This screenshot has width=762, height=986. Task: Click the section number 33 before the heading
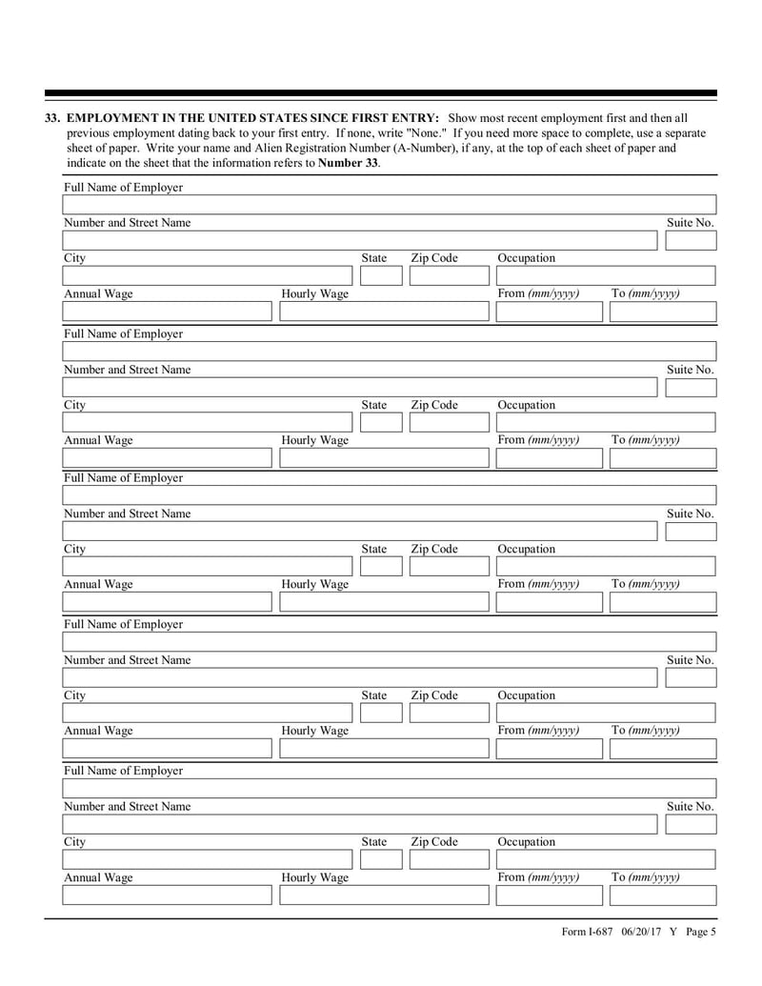click(53, 117)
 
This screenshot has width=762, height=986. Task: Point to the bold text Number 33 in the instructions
click(348, 163)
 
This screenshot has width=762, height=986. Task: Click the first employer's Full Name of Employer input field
click(389, 205)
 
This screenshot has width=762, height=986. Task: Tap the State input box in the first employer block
click(381, 276)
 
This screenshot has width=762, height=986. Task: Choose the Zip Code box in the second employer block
click(446, 423)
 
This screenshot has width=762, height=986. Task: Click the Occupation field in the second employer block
click(605, 423)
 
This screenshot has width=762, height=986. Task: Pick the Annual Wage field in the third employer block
click(167, 602)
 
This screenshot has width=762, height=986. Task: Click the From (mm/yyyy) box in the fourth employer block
click(550, 749)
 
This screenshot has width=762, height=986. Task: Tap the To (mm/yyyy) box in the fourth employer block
click(662, 749)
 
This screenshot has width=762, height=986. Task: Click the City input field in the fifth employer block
click(208, 860)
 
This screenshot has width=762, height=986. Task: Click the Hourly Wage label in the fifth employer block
click(314, 877)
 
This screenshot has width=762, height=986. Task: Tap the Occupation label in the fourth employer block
click(527, 696)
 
